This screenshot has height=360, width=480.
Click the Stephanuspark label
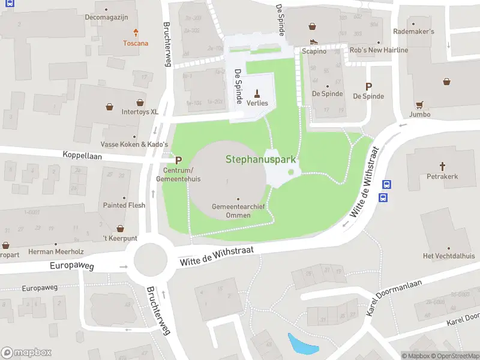tap(262, 160)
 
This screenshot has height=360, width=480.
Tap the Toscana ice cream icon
tap(136, 33)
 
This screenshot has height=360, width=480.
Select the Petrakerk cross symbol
tap(443, 166)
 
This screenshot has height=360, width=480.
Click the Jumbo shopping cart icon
tap(420, 103)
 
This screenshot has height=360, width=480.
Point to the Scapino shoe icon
tap(314, 41)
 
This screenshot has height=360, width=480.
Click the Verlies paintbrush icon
tap(257, 93)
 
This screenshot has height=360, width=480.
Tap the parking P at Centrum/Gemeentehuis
tap(178, 161)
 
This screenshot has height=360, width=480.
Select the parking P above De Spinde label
tap(368, 86)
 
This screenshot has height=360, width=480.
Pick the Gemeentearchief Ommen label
tap(238, 211)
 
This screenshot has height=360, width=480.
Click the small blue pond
tap(298, 344)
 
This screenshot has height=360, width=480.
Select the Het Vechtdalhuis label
tap(448, 256)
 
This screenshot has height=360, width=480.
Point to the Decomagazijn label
tap(107, 17)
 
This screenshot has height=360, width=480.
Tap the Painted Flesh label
tap(124, 205)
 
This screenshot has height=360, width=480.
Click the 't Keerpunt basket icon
tap(121, 229)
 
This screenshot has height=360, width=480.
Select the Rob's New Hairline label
tap(379, 50)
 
